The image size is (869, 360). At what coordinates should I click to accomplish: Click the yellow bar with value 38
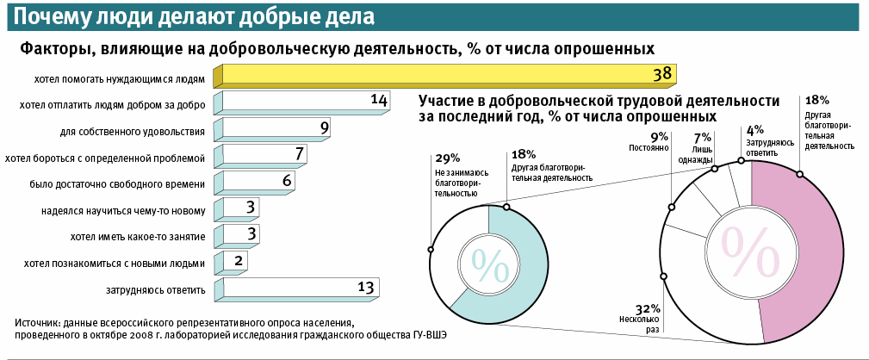tap(448, 76)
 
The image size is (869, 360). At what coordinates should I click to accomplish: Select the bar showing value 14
tap(306, 102)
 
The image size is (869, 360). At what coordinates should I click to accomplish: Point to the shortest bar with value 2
tap(237, 261)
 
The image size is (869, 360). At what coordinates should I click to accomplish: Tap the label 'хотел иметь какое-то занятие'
tap(136, 237)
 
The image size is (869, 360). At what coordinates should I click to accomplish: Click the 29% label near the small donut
tap(447, 158)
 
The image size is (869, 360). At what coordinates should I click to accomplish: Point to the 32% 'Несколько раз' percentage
tap(647, 308)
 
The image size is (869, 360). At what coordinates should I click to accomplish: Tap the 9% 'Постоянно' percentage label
tap(659, 137)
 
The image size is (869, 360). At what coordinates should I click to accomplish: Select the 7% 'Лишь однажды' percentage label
tap(703, 137)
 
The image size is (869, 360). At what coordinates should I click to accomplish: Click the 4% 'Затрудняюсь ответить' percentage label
tap(754, 130)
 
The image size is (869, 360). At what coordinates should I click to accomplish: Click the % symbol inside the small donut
tap(488, 266)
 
